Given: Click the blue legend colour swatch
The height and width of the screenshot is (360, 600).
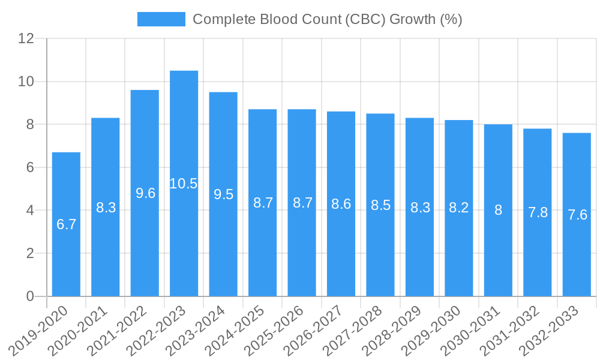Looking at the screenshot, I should click(161, 19).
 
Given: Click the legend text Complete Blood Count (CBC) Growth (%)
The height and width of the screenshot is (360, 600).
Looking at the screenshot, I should click(327, 19).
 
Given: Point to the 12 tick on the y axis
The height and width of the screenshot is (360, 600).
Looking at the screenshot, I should click(26, 38).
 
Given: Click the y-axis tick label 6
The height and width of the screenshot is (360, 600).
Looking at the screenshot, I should click(30, 167).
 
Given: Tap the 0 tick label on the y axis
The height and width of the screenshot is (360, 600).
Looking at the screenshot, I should click(30, 296).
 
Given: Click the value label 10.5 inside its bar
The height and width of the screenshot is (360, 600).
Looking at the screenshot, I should click(184, 184).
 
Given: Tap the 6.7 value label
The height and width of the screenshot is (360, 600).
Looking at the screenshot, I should click(66, 224).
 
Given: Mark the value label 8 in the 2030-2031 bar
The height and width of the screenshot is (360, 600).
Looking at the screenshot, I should click(498, 210).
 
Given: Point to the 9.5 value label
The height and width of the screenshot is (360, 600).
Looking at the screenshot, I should click(223, 194).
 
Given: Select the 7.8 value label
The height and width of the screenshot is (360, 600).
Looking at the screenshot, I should click(538, 212).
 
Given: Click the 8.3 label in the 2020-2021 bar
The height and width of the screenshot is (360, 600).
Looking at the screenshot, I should click(106, 208).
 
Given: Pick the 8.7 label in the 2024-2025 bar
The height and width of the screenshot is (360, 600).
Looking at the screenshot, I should click(263, 203).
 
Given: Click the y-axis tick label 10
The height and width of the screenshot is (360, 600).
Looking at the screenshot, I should click(26, 82).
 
